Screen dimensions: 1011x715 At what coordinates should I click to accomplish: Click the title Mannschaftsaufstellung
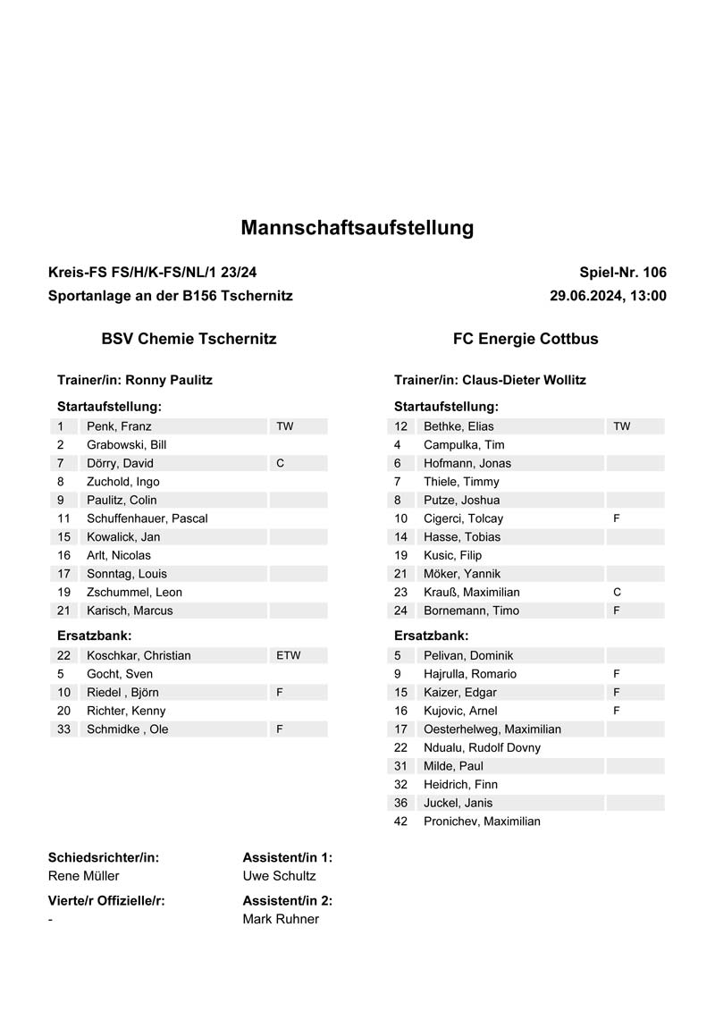click(357, 228)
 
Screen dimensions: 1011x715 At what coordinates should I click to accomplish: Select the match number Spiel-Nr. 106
click(623, 273)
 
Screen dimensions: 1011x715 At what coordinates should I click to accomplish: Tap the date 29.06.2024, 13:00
click(608, 296)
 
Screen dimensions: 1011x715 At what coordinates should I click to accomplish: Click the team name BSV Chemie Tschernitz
click(189, 339)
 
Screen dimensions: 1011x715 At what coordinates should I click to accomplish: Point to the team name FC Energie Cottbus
click(526, 339)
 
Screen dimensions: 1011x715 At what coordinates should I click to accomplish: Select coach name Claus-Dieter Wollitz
click(524, 380)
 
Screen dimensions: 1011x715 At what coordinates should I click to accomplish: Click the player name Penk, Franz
click(119, 426)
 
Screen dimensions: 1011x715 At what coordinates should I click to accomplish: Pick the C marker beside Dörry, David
click(281, 463)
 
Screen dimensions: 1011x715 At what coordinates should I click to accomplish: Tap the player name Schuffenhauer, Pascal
click(147, 518)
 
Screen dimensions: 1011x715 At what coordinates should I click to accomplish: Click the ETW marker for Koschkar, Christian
click(289, 655)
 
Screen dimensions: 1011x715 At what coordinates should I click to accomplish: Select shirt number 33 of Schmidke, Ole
click(63, 729)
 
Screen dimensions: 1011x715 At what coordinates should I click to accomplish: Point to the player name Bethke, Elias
click(458, 426)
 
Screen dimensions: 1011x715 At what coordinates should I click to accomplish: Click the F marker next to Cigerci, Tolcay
click(617, 518)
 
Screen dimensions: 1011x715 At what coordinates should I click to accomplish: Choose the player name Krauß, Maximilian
click(472, 592)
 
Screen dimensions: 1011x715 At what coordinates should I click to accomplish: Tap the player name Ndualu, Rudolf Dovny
click(482, 747)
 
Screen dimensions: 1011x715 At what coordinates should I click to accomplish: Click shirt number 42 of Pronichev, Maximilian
click(400, 821)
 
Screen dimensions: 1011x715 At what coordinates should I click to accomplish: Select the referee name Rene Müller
click(83, 876)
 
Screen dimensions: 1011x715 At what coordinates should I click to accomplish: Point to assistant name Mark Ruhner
click(281, 919)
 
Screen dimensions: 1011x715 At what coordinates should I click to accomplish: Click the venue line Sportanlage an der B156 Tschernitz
click(171, 296)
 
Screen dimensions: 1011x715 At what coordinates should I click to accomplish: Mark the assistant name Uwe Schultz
click(279, 876)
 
